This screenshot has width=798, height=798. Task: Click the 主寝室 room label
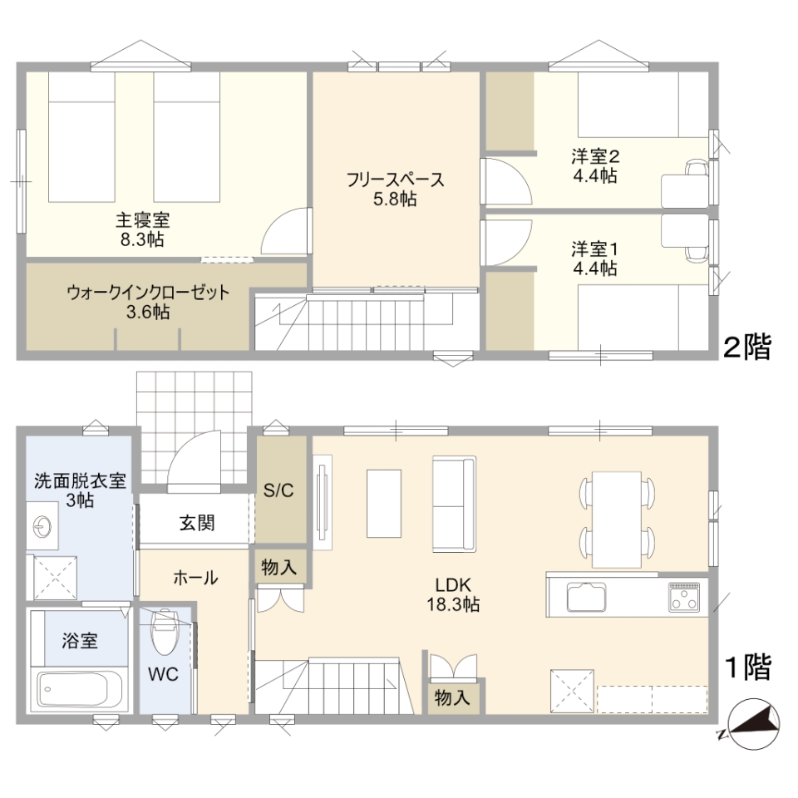[142, 219]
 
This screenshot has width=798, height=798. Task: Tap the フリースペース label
[396, 180]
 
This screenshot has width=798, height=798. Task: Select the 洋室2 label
[595, 156]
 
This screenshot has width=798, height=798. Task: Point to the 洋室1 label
[595, 249]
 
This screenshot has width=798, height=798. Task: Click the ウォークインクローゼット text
[148, 293]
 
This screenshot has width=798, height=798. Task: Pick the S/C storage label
[278, 490]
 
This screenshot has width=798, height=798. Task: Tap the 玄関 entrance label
[197, 523]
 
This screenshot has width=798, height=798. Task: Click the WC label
[164, 674]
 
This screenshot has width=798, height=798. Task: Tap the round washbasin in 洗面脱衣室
[42, 527]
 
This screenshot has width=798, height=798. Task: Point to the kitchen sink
[586, 597]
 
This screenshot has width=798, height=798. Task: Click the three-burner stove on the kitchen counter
[684, 597]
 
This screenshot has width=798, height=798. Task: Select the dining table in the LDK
[616, 520]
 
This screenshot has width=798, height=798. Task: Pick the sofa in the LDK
[454, 504]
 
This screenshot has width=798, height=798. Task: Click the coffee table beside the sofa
[384, 504]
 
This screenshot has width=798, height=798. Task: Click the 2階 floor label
[747, 347]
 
